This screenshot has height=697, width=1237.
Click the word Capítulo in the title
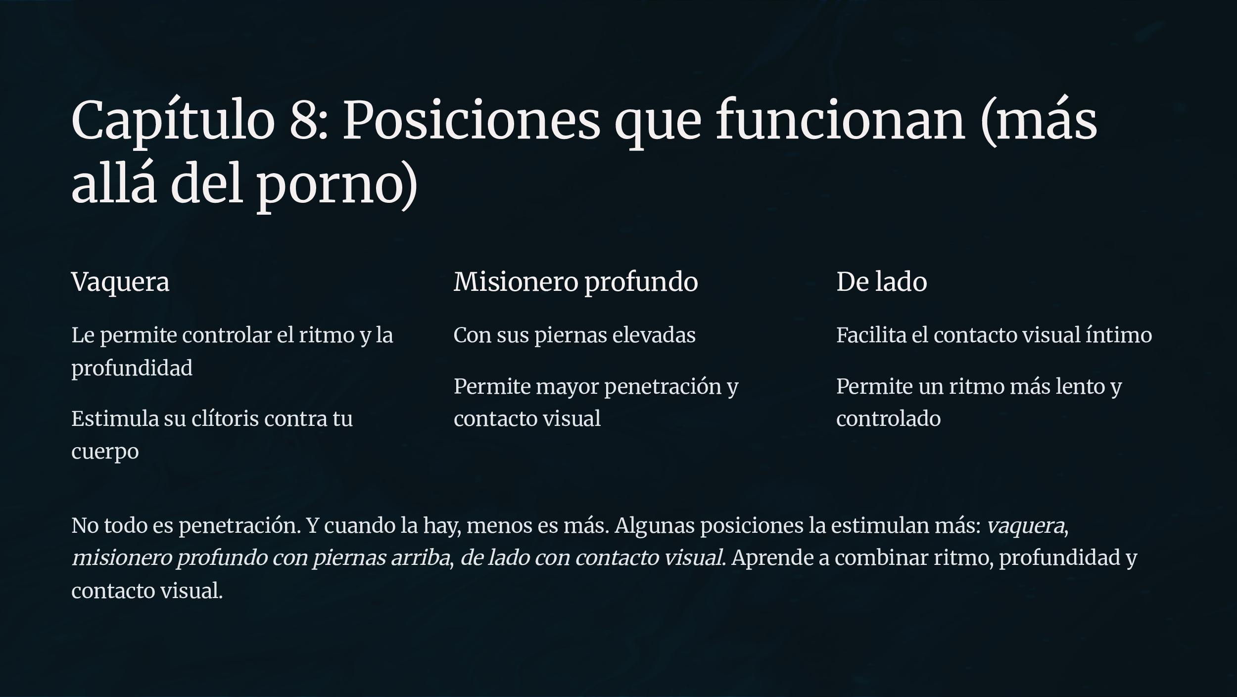[x=173, y=120]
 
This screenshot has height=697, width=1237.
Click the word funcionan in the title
[x=840, y=119]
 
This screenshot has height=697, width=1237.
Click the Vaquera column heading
[x=120, y=282]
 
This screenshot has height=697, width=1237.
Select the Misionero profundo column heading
[x=576, y=282]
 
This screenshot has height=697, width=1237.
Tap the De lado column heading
[x=882, y=281]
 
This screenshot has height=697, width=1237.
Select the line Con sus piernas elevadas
[x=574, y=335]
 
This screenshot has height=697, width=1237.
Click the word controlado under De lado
[x=888, y=418]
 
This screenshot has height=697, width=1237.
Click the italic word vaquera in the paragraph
[x=1025, y=526]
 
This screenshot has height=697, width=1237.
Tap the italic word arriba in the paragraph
[x=420, y=558]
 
